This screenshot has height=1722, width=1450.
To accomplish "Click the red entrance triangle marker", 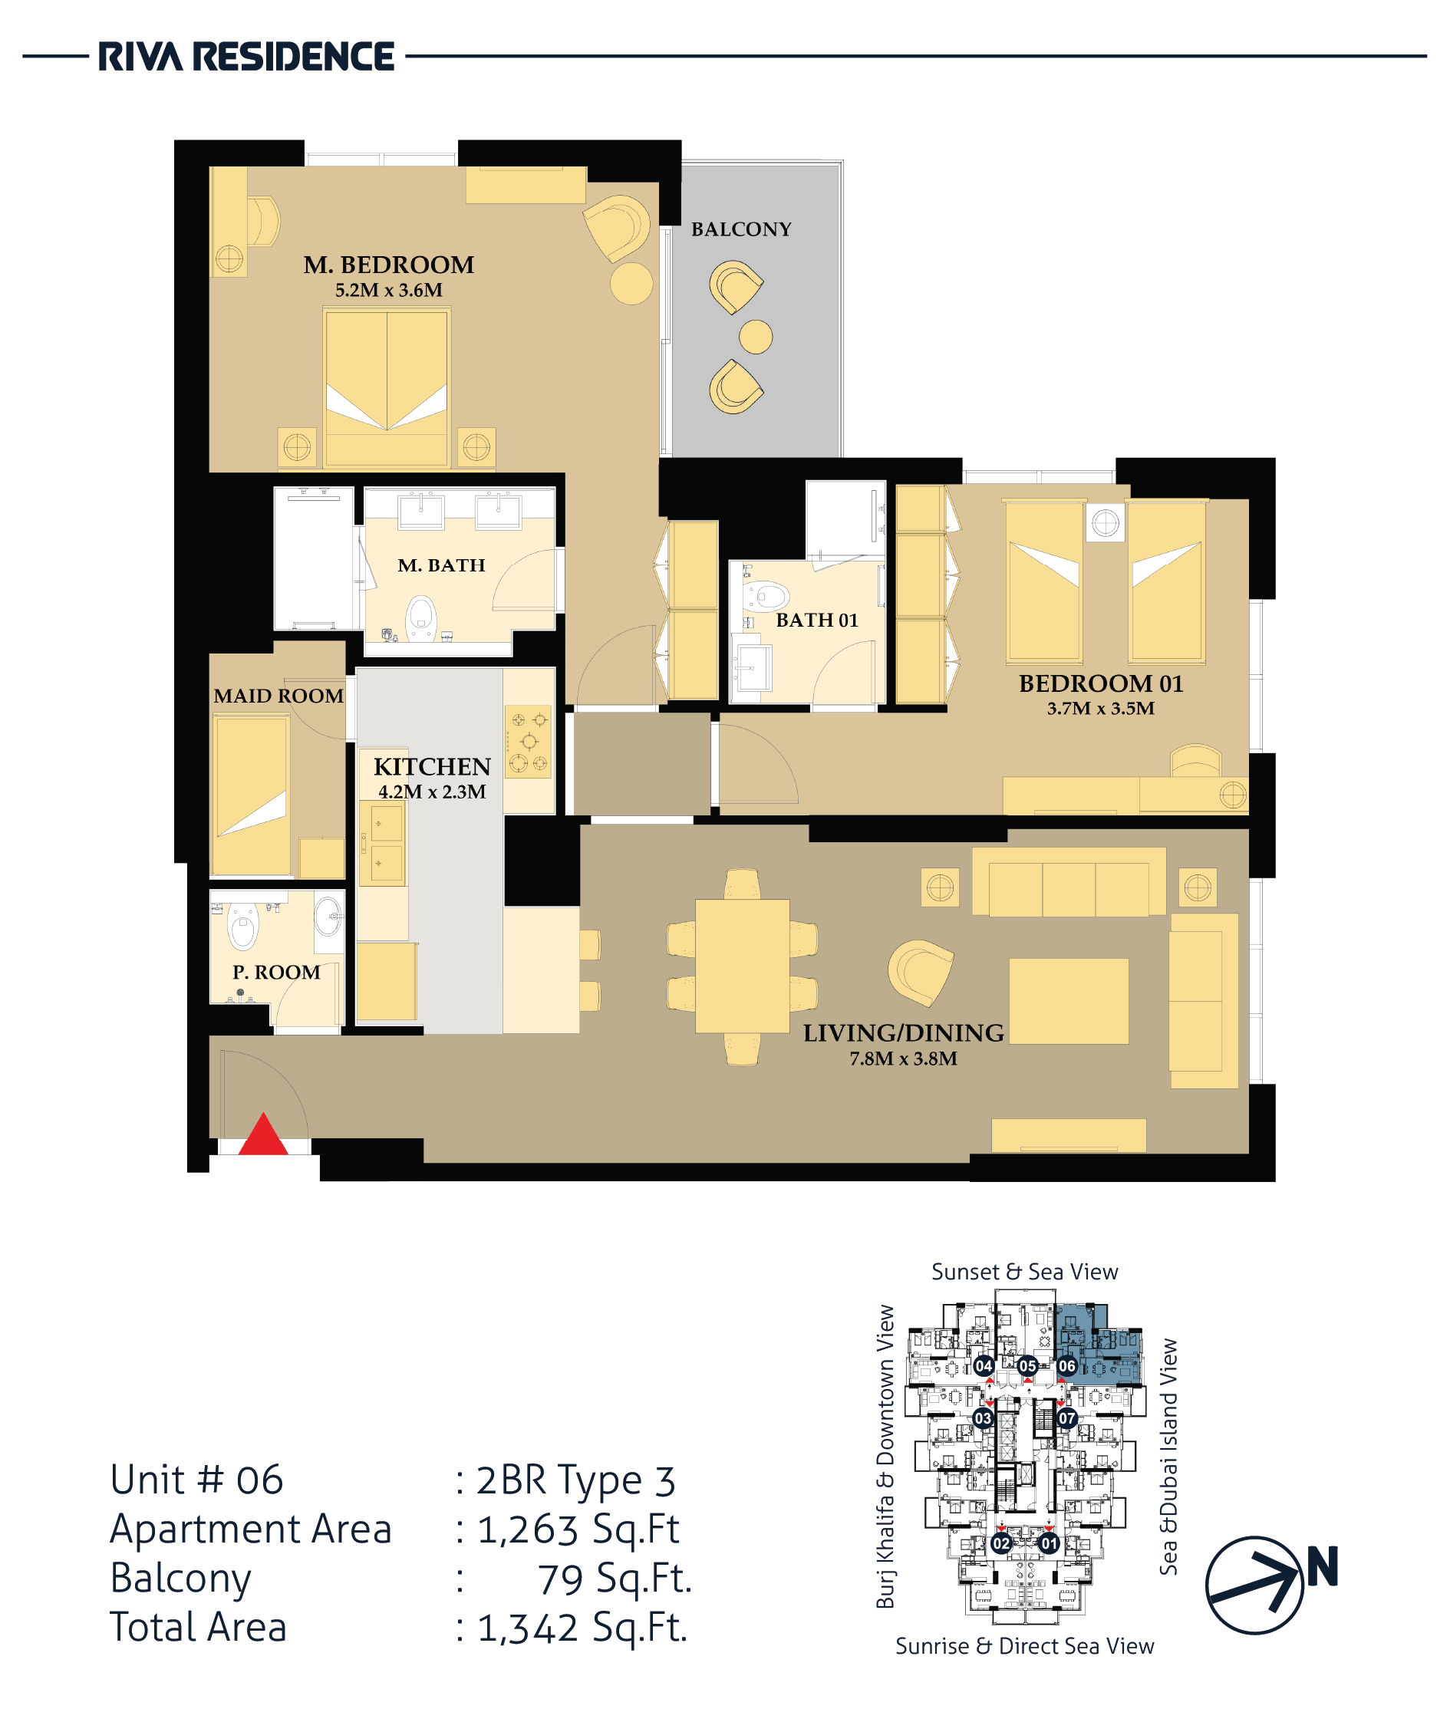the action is click(x=263, y=1134).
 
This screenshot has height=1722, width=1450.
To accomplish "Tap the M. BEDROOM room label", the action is click(x=389, y=265).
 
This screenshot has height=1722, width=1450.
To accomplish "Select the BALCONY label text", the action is click(x=741, y=229).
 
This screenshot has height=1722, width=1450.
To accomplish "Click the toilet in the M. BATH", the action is click(x=422, y=617).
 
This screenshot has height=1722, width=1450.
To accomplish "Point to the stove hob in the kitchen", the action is click(x=528, y=742).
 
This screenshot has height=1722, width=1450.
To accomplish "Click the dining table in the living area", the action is click(x=743, y=966).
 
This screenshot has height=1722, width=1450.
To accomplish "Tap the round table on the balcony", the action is click(x=756, y=336).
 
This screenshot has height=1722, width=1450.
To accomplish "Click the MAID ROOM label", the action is click(x=278, y=696).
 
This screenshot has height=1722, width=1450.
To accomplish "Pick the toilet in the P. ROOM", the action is click(x=242, y=926).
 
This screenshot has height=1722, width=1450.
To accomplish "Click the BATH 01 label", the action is click(x=817, y=621).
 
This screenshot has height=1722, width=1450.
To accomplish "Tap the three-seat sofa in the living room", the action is click(x=1069, y=882).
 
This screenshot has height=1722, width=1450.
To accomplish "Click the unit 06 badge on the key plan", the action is click(x=1067, y=1366).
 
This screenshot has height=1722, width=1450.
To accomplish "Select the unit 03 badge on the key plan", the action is click(x=983, y=1418).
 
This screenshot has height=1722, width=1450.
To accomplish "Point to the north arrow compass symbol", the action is click(x=1254, y=1585).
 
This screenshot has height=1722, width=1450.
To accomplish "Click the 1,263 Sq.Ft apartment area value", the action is click(x=578, y=1529).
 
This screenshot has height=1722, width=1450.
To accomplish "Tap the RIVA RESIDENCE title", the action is click(x=246, y=57).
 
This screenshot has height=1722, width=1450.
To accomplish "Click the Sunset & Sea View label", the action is click(x=1024, y=1273).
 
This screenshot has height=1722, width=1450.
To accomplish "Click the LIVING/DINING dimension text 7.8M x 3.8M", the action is click(x=904, y=1059).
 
